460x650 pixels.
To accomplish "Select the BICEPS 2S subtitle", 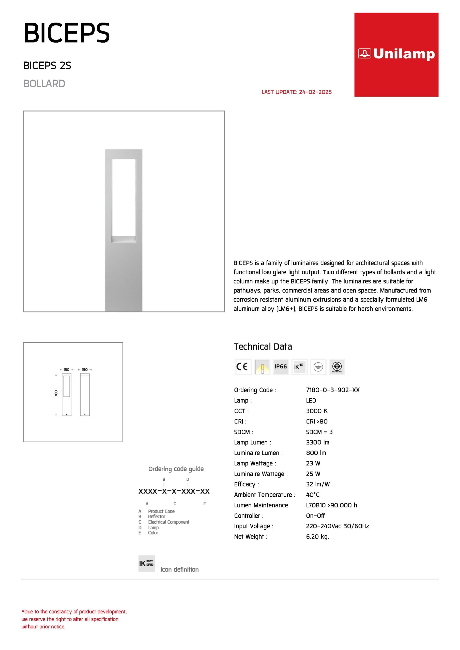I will click(47, 66).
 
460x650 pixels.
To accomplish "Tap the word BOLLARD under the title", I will click(44, 84).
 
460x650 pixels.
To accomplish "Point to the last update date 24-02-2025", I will click(315, 92).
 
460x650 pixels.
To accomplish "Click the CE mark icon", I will click(243, 367).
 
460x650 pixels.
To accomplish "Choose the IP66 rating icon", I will click(281, 367).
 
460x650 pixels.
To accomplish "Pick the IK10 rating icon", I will click(299, 367).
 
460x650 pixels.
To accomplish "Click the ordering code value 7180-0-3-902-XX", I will click(332, 390).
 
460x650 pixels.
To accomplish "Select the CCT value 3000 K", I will click(317, 411).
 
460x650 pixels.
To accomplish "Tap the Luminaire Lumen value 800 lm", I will click(316, 453).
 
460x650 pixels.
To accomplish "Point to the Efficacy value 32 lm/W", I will click(318, 484).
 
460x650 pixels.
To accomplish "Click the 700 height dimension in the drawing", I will click(56, 393).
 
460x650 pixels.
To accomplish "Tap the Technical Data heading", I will click(263, 347).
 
